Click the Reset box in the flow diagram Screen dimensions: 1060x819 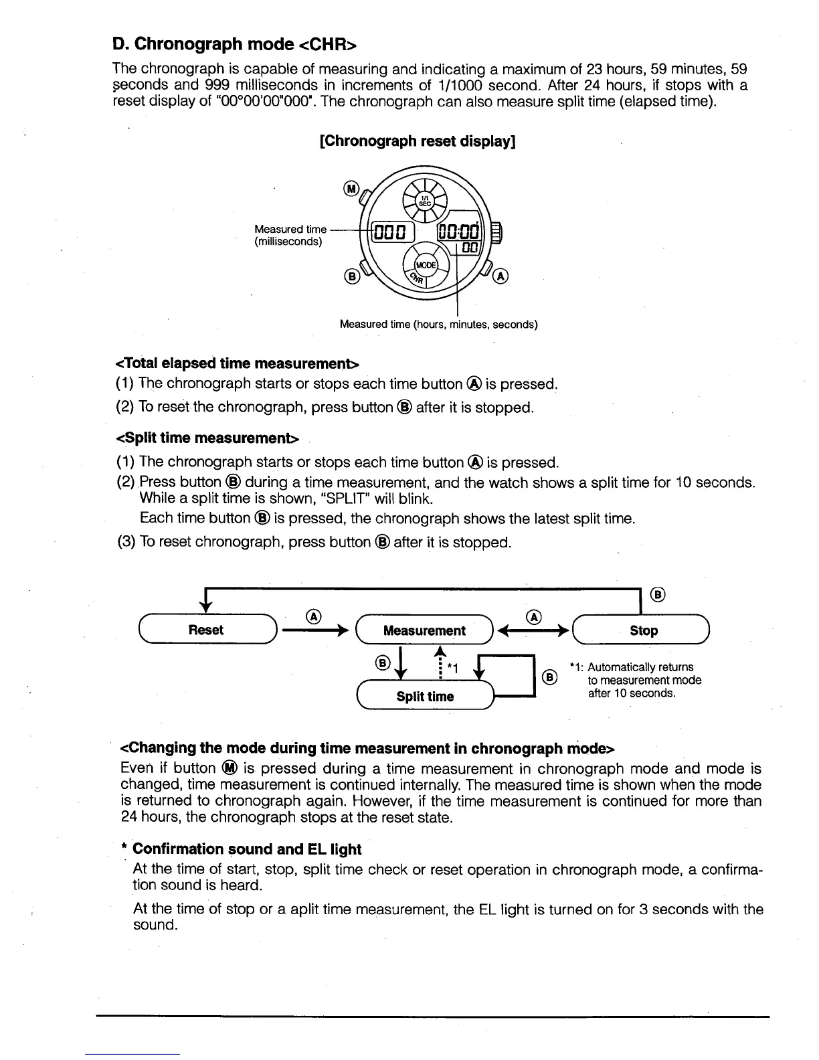tap(206, 630)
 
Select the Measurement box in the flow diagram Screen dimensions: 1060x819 tap(424, 630)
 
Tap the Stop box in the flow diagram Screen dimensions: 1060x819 tap(643, 630)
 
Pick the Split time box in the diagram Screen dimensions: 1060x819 tap(425, 697)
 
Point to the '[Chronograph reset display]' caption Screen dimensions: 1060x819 tap(418, 141)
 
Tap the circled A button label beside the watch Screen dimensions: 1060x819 tap(501, 276)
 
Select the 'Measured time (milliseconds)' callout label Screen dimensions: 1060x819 tap(290, 236)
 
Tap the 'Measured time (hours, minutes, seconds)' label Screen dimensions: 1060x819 tap(438, 325)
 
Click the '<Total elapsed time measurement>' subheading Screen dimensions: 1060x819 tap(238, 363)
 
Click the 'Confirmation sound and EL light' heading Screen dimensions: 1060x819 tap(246, 849)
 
